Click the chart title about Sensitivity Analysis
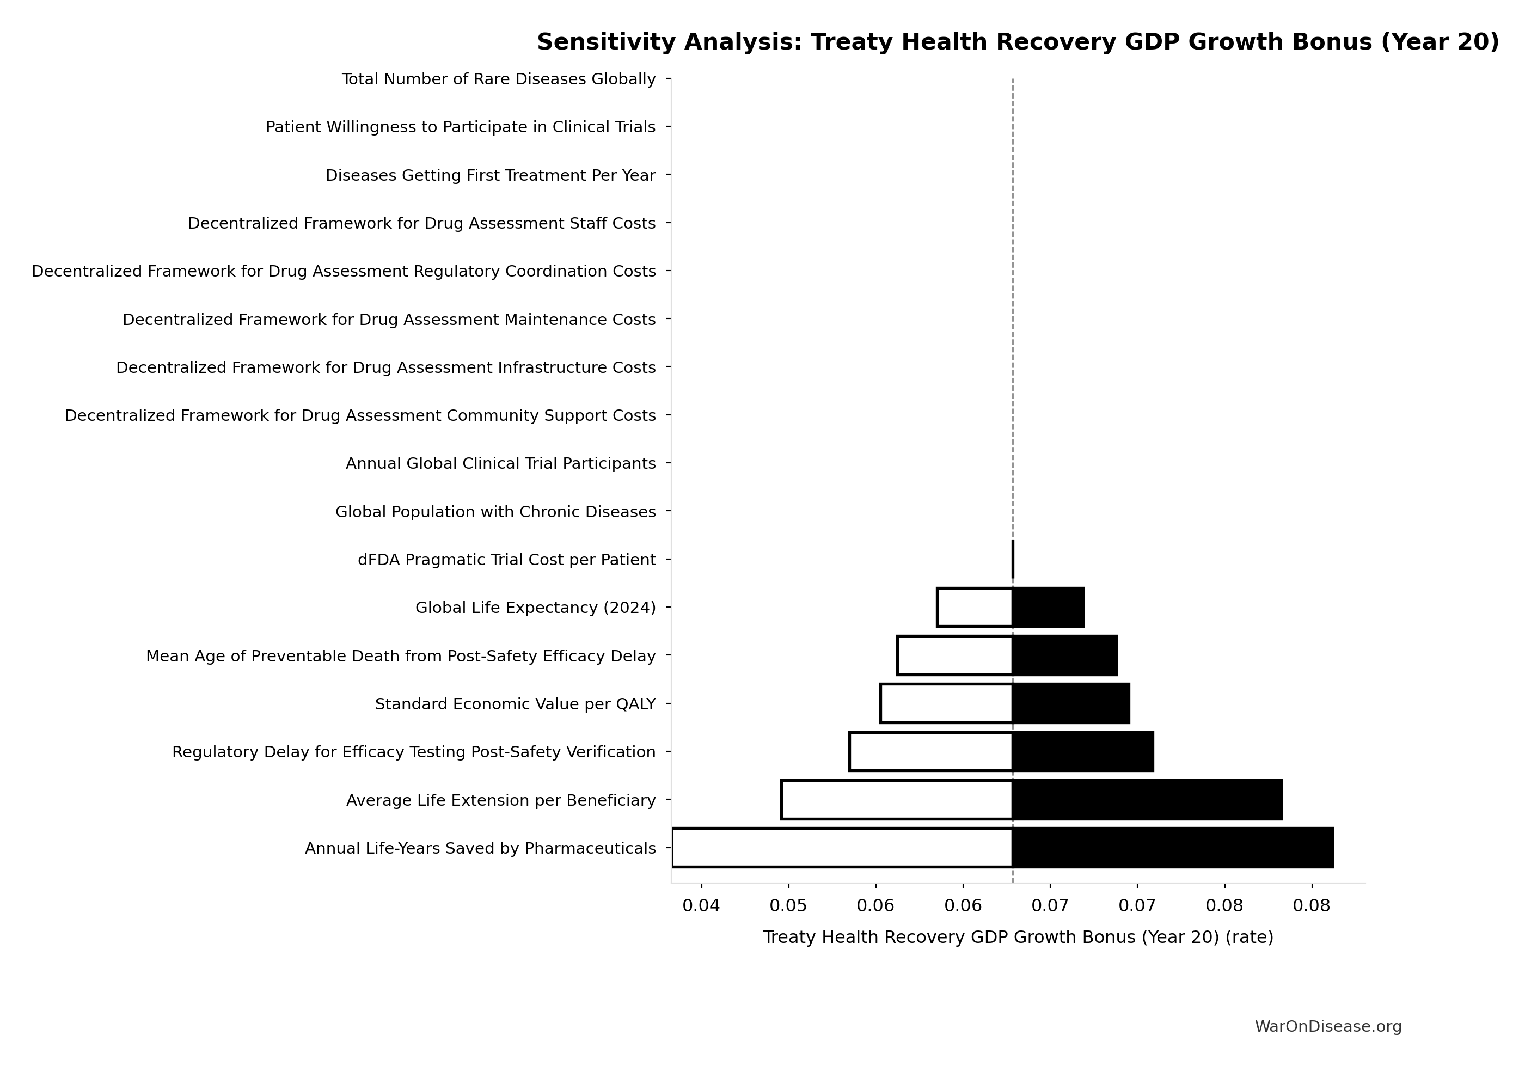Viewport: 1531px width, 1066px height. [1018, 42]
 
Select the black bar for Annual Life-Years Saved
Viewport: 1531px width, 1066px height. [1172, 847]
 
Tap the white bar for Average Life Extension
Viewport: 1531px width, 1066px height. [896, 799]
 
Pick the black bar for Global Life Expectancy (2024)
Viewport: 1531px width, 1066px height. [1048, 608]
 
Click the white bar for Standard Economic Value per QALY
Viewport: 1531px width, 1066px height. [946, 703]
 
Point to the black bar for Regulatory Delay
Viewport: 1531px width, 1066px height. [1082, 751]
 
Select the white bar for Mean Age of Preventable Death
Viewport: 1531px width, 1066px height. [954, 655]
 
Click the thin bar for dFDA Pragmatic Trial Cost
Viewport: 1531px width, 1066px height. [1013, 559]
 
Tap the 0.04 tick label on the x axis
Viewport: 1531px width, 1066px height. [701, 906]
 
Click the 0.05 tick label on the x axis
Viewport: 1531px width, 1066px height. [788, 906]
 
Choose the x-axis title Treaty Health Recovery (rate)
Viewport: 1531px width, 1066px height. [1018, 938]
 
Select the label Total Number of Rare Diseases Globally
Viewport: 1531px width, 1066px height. [498, 79]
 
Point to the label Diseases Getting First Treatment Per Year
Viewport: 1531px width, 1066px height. [490, 175]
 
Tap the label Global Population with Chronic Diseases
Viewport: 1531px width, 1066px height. [495, 511]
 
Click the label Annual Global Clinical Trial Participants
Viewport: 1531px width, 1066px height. [500, 463]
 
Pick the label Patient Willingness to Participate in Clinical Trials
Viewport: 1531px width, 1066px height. [460, 127]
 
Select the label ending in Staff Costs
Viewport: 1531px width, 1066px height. [421, 223]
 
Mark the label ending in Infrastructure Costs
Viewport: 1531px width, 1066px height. [385, 367]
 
